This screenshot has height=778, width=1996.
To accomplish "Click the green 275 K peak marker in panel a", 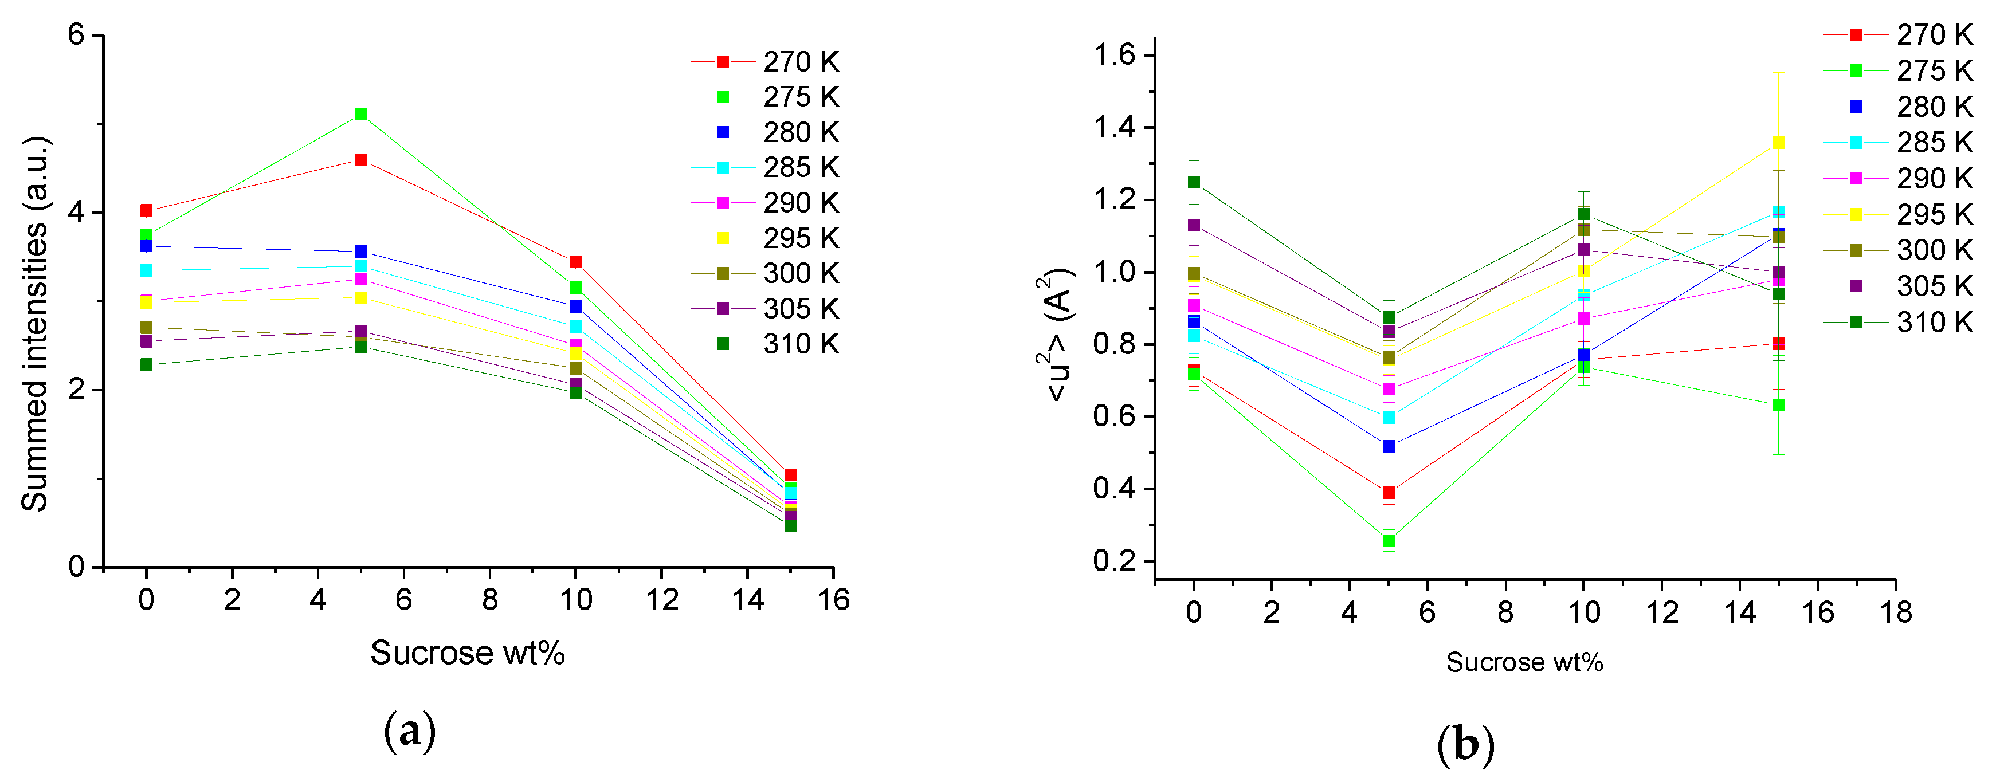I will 360,115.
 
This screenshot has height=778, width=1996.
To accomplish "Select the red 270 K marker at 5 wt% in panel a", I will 360,160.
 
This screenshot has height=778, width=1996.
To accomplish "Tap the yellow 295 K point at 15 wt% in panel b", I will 1778,143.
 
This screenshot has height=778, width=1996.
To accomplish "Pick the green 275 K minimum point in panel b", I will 1389,540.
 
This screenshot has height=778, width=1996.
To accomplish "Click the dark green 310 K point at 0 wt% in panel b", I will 1194,182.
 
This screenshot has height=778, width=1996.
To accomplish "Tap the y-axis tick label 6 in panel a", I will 76,35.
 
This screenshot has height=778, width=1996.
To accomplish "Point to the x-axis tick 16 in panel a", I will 834,600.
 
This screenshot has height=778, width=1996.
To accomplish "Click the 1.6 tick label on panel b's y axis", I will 1113,55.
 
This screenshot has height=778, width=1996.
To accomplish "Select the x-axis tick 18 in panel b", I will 1895,612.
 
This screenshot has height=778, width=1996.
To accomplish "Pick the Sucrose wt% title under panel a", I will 467,653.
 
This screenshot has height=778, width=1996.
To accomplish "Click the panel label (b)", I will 1465,745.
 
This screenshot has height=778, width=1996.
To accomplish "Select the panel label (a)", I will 410,730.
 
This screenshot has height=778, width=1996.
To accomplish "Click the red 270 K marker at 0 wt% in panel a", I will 147,211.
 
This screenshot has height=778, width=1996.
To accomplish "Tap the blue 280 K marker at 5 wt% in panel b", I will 1389,446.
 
